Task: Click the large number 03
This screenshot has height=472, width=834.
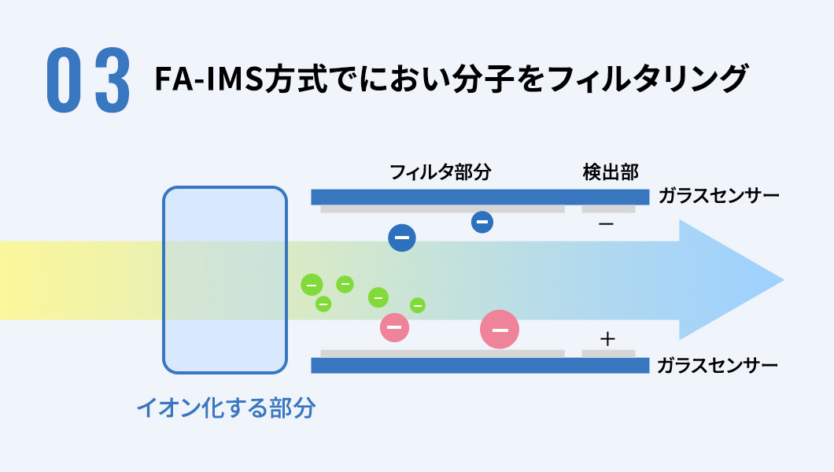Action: (88, 80)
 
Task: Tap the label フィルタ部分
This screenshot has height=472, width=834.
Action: (440, 172)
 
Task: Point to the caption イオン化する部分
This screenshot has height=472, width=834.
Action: (225, 407)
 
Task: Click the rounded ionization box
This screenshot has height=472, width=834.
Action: (224, 279)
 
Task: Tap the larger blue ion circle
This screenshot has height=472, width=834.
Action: (401, 238)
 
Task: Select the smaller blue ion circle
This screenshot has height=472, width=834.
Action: (482, 223)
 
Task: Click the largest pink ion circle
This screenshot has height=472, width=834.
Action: (500, 330)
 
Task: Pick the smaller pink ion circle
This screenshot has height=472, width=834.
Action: (394, 327)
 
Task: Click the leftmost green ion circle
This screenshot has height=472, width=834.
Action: (312, 285)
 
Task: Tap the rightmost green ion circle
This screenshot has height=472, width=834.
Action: (418, 305)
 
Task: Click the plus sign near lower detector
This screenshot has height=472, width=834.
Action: (607, 339)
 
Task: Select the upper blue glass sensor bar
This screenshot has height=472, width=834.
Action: (480, 197)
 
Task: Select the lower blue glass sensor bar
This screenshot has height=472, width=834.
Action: (480, 366)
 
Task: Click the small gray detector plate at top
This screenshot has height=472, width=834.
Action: (608, 209)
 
